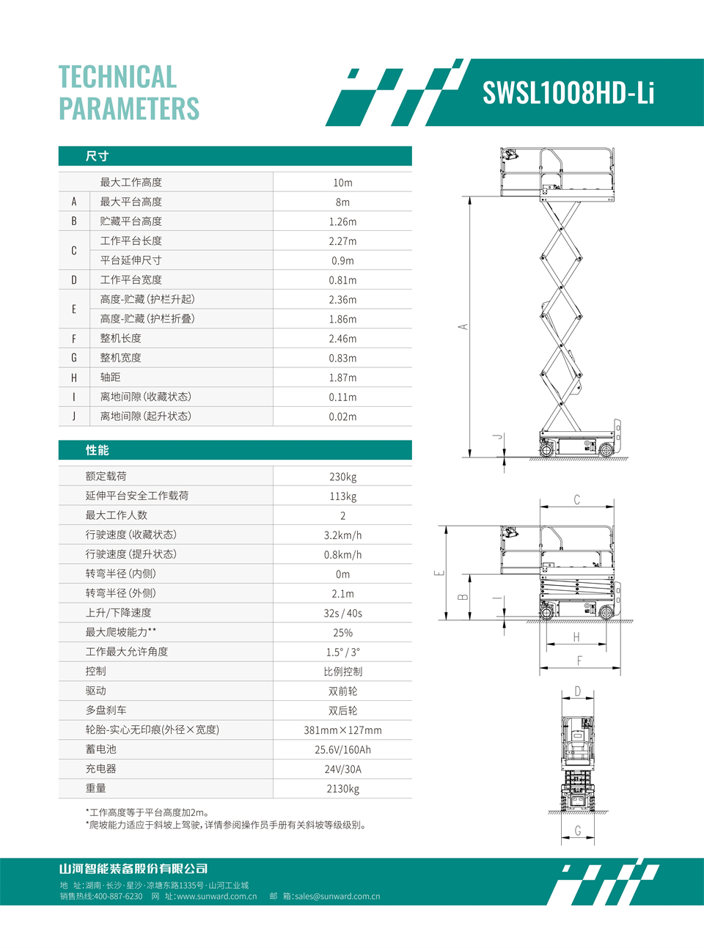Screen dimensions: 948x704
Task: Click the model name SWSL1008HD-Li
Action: (568, 93)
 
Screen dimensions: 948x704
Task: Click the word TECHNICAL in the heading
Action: (117, 77)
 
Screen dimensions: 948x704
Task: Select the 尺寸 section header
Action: (97, 156)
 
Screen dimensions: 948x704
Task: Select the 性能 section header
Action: (97, 450)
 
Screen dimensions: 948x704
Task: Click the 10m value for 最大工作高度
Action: (342, 183)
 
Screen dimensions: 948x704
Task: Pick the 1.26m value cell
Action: (342, 221)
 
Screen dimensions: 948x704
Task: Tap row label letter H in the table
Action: (74, 378)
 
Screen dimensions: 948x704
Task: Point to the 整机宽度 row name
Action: (120, 358)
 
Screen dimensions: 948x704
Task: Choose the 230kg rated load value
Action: (342, 477)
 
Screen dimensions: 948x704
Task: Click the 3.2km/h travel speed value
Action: (342, 535)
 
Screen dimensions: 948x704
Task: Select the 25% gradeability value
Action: (342, 633)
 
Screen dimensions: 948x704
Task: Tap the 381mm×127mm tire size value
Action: (342, 730)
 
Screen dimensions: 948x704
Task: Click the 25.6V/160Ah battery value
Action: (342, 750)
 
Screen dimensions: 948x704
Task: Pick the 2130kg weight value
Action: (342, 789)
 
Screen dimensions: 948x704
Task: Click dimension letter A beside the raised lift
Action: (463, 327)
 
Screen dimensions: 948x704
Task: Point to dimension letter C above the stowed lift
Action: (577, 500)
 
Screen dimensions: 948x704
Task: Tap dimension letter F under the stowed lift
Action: (579, 661)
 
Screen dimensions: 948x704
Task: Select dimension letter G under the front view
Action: (578, 831)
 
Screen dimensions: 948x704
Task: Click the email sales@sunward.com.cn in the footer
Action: (337, 896)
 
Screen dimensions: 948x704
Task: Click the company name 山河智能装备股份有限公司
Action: (133, 869)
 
